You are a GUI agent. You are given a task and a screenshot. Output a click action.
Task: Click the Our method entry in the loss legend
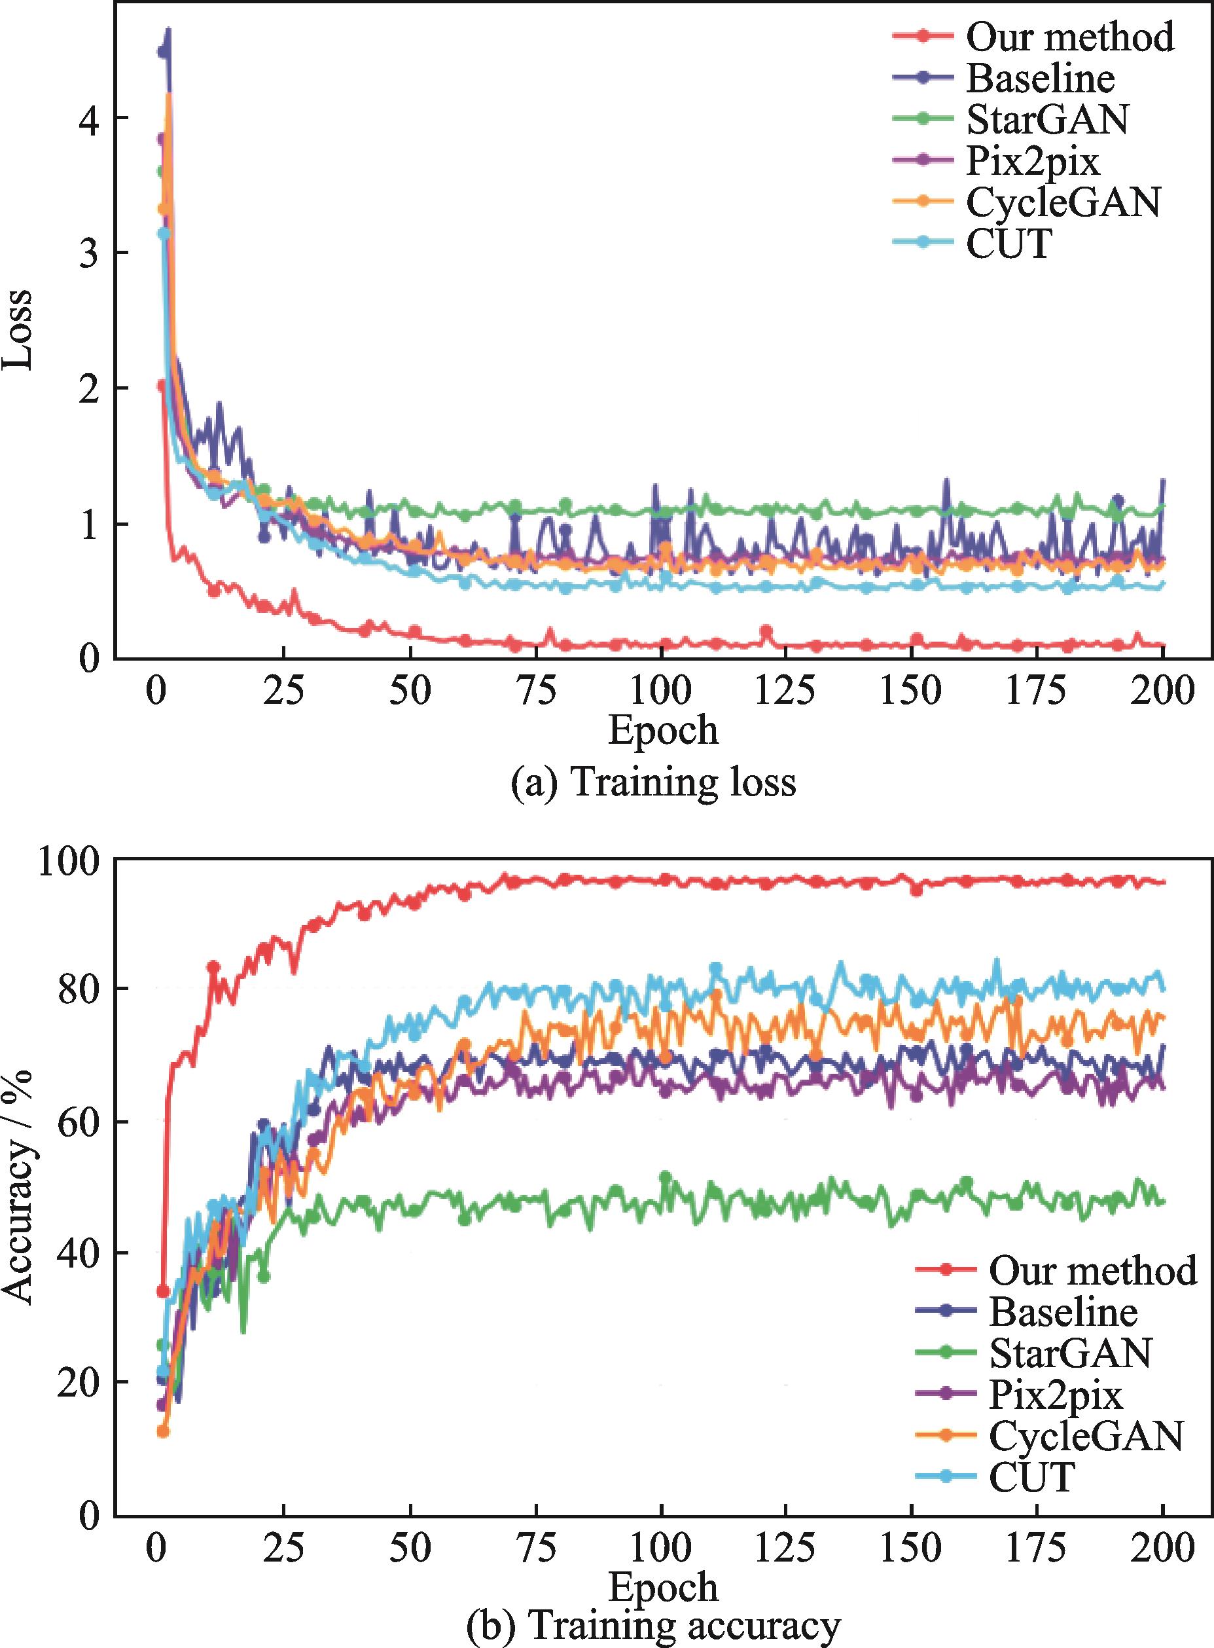(x=1069, y=36)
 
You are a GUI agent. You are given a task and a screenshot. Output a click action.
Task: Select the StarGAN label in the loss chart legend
(x=1046, y=119)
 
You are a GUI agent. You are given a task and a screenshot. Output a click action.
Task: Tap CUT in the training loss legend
(x=1009, y=244)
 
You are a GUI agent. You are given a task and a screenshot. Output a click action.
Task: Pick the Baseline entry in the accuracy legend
(x=1063, y=1311)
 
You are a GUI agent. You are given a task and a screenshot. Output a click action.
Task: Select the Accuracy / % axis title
(x=18, y=1186)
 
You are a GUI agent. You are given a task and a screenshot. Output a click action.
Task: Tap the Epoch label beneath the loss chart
(x=663, y=730)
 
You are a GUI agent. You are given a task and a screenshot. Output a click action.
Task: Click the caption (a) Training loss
(x=652, y=782)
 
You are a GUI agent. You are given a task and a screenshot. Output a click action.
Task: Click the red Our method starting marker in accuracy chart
(x=163, y=1291)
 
